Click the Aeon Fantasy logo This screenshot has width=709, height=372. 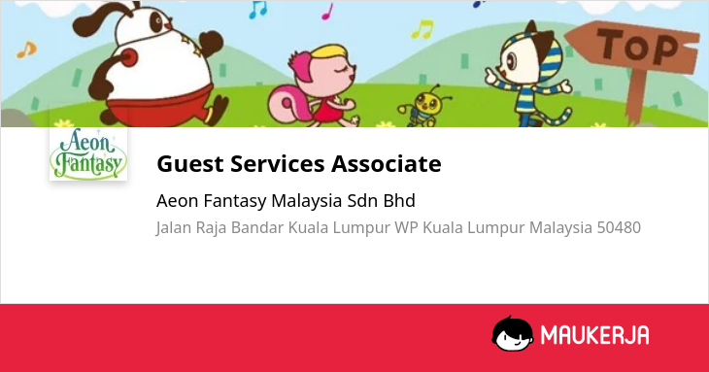(x=88, y=153)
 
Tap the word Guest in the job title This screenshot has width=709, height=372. (x=190, y=163)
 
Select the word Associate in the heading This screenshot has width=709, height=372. (x=387, y=163)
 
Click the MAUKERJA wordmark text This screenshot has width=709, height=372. (x=595, y=335)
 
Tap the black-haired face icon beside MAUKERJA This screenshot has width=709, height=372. (x=512, y=333)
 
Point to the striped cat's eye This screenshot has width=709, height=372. (x=512, y=61)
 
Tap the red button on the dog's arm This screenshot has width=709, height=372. (x=129, y=58)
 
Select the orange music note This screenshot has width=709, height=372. (x=26, y=50)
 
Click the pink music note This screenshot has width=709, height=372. (x=327, y=13)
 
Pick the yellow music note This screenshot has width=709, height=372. (x=422, y=29)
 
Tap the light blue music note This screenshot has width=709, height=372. (x=258, y=10)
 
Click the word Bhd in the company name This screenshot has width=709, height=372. (x=399, y=201)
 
